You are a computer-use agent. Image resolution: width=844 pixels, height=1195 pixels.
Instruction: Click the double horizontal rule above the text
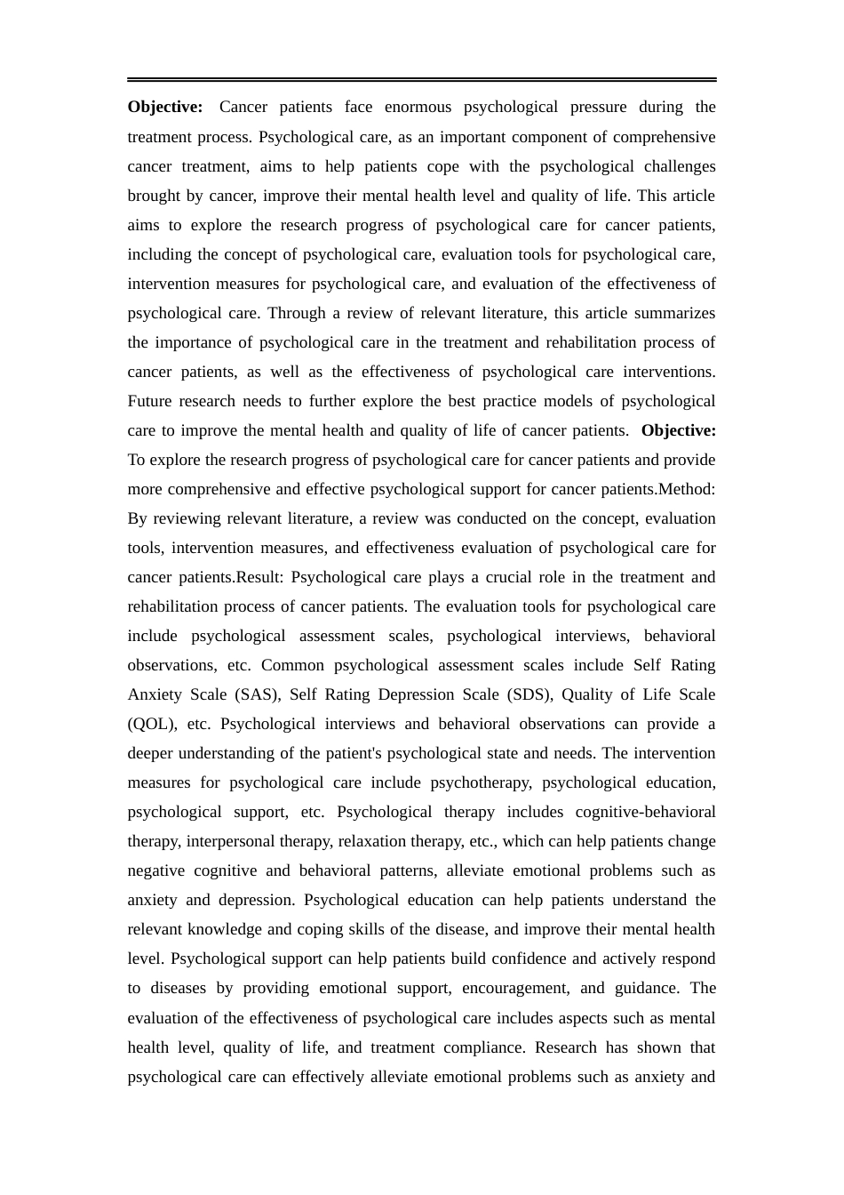[421, 80]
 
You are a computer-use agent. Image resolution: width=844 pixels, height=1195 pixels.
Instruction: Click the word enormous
[418, 107]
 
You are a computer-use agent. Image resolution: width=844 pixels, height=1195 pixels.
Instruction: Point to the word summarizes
[673, 313]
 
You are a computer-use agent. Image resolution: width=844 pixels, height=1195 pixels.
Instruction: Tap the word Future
[149, 401]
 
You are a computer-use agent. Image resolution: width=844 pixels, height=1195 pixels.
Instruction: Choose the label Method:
[686, 489]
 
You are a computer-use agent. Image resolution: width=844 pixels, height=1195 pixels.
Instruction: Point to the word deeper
[150, 753]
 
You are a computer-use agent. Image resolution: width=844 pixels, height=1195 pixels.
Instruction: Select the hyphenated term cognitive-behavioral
[645, 812]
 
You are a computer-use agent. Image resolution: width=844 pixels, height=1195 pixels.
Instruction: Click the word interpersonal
[229, 841]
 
